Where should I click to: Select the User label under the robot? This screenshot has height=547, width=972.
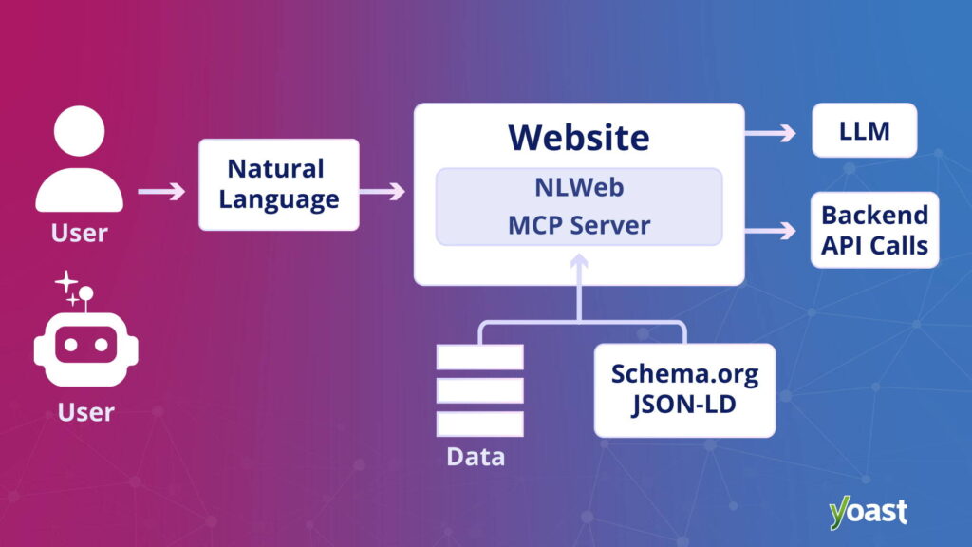point(85,412)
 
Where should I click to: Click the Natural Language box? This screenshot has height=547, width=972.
point(278,184)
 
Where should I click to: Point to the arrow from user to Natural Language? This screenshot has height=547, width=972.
point(161,192)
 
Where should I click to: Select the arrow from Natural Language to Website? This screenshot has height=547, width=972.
point(382,192)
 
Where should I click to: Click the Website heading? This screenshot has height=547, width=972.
point(579,137)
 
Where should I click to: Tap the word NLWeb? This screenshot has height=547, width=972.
point(578,187)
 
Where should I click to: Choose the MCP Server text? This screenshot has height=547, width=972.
point(578,225)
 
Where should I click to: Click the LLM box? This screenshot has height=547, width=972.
point(864,130)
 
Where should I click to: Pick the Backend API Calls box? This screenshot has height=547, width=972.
point(874,230)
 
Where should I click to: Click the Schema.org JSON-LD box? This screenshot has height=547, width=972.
point(684,389)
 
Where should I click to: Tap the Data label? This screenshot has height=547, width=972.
point(476,457)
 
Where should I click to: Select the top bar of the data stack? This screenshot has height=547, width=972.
point(479,357)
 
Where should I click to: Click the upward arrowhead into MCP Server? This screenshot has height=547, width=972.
point(579,261)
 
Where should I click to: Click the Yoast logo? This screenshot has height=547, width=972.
point(868,511)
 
